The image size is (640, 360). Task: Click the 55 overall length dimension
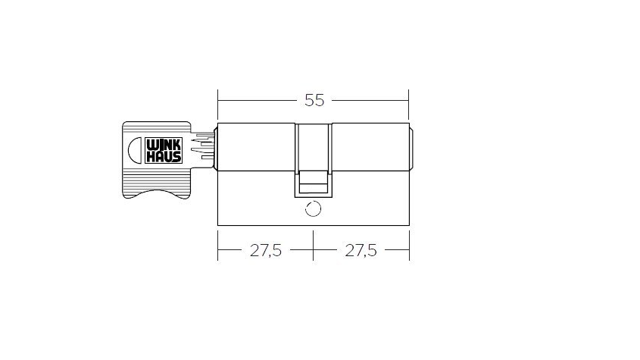point(314,100)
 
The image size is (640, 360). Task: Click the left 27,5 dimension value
point(266,250)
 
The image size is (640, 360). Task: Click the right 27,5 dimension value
point(361,250)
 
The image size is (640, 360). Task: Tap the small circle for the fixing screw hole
point(313,209)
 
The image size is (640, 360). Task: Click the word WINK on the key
point(164,146)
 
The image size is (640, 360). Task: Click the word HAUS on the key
point(164,157)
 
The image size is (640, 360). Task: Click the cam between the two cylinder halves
point(314,160)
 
